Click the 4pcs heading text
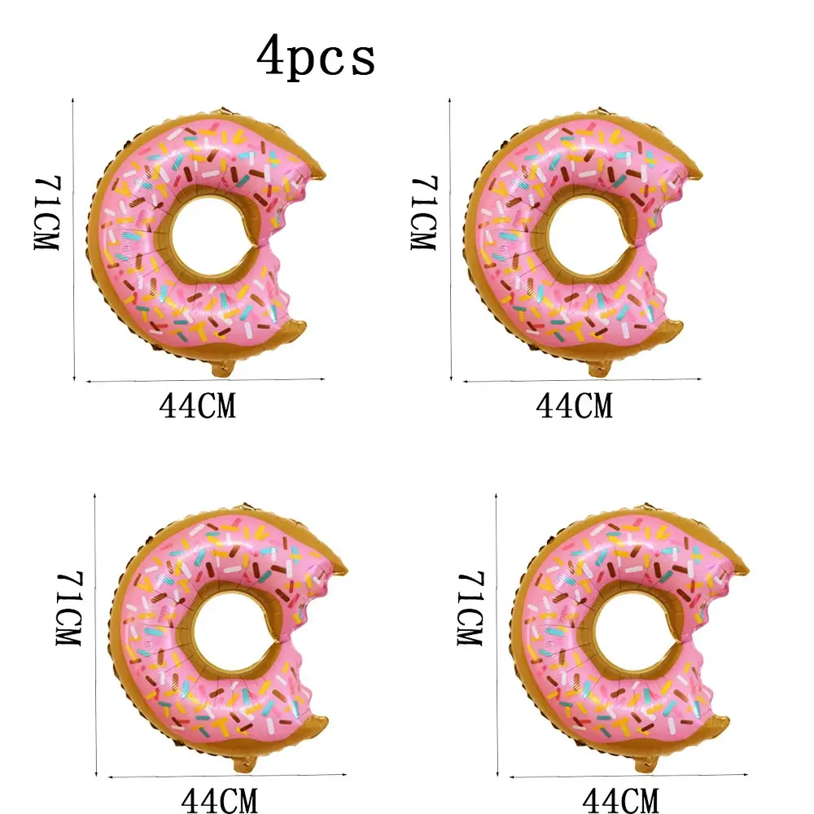(316, 57)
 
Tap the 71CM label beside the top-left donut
(47, 212)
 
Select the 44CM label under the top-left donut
(197, 406)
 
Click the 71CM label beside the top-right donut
(424, 212)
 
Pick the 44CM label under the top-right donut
(574, 406)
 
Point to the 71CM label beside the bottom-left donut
(69, 608)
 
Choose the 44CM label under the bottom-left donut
(219, 800)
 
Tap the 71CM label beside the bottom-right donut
(470, 608)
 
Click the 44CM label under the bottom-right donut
(621, 800)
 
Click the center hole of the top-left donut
(208, 236)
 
